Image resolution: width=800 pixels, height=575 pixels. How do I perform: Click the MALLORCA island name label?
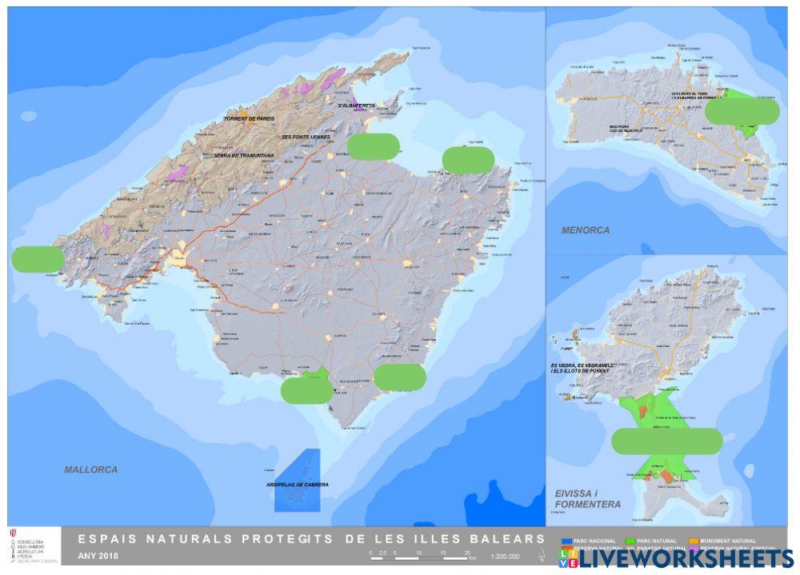90,469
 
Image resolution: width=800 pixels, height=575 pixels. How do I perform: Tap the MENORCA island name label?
585,230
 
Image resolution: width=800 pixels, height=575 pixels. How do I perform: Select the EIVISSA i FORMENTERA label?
587,499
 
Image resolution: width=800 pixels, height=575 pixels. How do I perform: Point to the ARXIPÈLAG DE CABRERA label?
296,485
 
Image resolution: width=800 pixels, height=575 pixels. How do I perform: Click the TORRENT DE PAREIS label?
249,119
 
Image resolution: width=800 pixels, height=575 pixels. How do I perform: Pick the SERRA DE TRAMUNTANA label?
243,156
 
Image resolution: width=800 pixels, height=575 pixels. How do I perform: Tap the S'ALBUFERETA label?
357,105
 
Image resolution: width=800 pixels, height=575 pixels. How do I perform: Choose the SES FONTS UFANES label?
306,137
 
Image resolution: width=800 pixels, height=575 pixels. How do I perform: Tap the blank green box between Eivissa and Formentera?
666,441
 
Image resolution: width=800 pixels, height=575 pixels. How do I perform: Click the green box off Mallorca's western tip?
38,259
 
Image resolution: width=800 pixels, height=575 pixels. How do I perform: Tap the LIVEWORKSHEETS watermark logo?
676,558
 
